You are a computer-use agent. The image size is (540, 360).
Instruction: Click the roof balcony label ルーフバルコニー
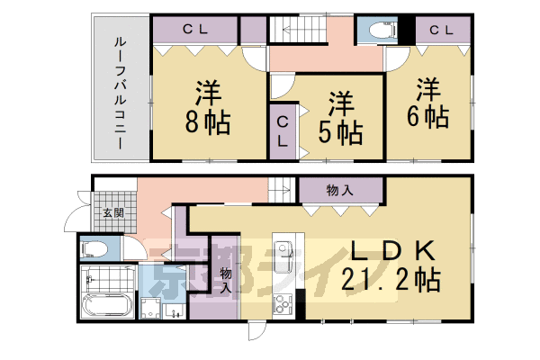point(119,92)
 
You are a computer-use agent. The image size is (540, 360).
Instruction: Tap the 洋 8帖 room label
point(209,107)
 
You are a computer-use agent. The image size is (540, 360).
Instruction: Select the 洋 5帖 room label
point(339,119)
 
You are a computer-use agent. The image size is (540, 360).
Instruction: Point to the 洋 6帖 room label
point(430,103)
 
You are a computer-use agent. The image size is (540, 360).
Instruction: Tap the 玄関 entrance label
point(112,213)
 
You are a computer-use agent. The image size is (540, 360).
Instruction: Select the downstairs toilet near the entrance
point(94,247)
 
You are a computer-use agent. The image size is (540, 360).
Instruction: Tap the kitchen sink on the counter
point(285,254)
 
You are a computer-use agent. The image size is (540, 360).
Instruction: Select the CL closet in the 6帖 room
point(441,30)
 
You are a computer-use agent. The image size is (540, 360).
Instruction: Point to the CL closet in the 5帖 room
point(283,133)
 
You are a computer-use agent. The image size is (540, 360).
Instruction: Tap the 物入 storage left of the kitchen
point(225,274)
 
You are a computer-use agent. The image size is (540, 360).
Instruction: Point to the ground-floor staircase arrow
point(279,190)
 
